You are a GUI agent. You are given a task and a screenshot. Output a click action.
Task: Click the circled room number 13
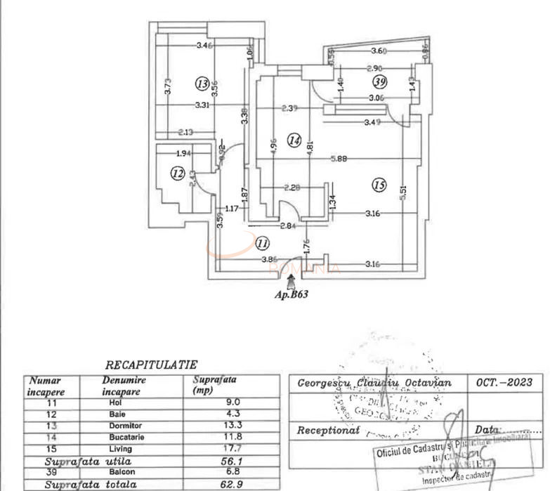[203, 84]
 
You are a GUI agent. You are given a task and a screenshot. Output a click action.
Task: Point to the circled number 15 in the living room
[379, 185]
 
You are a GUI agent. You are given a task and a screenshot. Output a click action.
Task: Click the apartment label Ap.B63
[291, 295]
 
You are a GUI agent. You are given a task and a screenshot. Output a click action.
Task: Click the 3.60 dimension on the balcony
[379, 51]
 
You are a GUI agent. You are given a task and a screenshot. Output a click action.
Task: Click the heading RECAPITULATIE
[151, 365]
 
